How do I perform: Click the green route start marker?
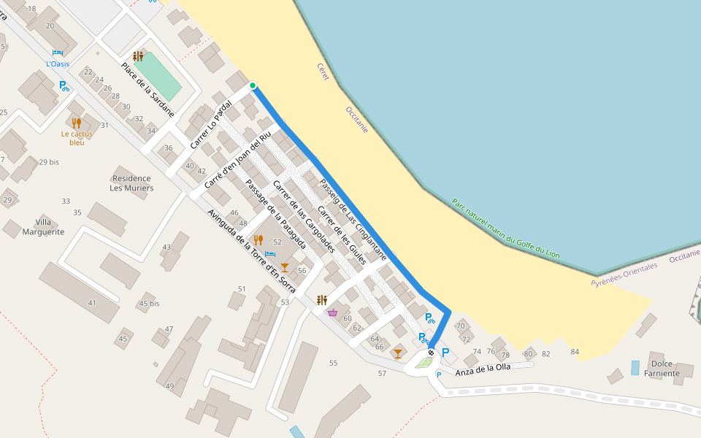tap(253, 86)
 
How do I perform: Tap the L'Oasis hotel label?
tap(58, 64)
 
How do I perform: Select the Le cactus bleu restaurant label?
tap(77, 138)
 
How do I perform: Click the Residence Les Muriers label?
tap(131, 183)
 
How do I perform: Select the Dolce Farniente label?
tap(665, 369)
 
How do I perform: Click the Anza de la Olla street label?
tap(483, 370)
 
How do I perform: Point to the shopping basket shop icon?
tap(333, 312)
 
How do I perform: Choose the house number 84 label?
tap(575, 353)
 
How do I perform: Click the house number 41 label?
tap(91, 302)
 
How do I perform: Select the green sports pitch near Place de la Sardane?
tap(158, 77)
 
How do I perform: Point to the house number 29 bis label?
tap(49, 161)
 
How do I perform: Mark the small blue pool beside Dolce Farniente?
tap(635, 367)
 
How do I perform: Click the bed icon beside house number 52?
tap(270, 254)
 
